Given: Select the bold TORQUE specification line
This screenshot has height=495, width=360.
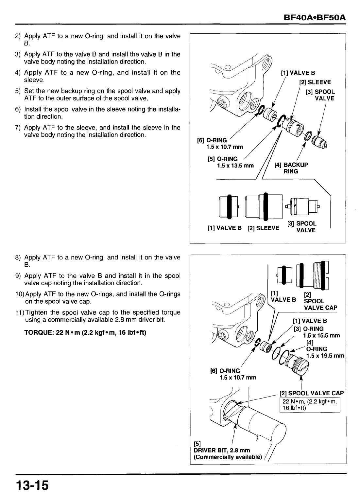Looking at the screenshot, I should point(85,332).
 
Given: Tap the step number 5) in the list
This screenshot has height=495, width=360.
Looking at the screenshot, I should point(18,91).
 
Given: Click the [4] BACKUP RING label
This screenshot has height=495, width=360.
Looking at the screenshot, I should point(291,168).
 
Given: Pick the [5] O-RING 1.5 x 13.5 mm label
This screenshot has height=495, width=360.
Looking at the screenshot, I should point(231,162).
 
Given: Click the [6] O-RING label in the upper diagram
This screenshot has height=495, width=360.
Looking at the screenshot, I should point(220,143).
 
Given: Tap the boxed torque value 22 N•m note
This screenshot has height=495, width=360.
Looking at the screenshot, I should point(309,405).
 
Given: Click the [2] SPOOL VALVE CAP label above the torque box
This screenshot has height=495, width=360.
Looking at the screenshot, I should point(312,393).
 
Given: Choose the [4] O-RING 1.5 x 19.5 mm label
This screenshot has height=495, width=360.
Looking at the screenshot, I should point(320,349).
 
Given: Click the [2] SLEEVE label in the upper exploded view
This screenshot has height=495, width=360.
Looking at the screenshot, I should point(315,82).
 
